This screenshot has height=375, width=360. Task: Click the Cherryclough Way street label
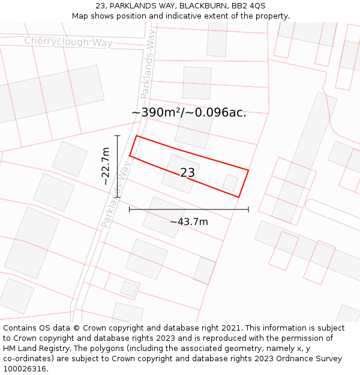68,41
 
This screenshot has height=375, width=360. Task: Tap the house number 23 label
187,173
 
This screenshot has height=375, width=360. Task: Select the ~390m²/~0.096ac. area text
188,113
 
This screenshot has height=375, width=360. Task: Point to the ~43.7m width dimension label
188,222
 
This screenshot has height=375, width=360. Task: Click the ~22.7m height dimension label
106,166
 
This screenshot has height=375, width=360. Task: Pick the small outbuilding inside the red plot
230,182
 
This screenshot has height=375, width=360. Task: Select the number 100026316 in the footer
25,369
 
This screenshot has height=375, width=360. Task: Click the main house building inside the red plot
181,174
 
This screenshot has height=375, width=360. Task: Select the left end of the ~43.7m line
130,209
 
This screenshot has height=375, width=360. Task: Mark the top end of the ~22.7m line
118,136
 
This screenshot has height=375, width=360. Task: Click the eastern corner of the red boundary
248,170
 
